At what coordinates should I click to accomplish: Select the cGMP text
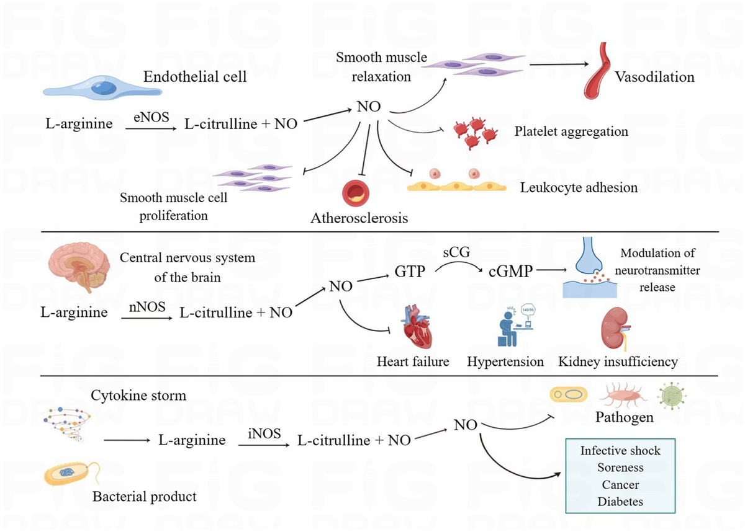tap(507, 272)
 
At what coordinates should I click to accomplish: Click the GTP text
tap(410, 272)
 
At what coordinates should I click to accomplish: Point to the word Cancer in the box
tap(620, 485)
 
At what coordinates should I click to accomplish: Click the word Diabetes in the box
tap(620, 502)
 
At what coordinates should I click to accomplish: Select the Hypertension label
tap(505, 361)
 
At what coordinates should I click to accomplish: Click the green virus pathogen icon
tap(672, 394)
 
